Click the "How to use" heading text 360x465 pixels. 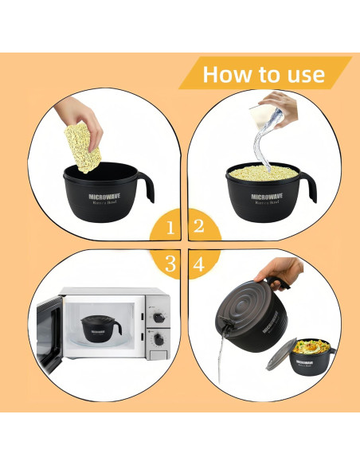point(264,75)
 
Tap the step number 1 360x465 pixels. point(170,228)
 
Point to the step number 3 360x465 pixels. point(170,264)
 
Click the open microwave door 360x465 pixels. point(47,330)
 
